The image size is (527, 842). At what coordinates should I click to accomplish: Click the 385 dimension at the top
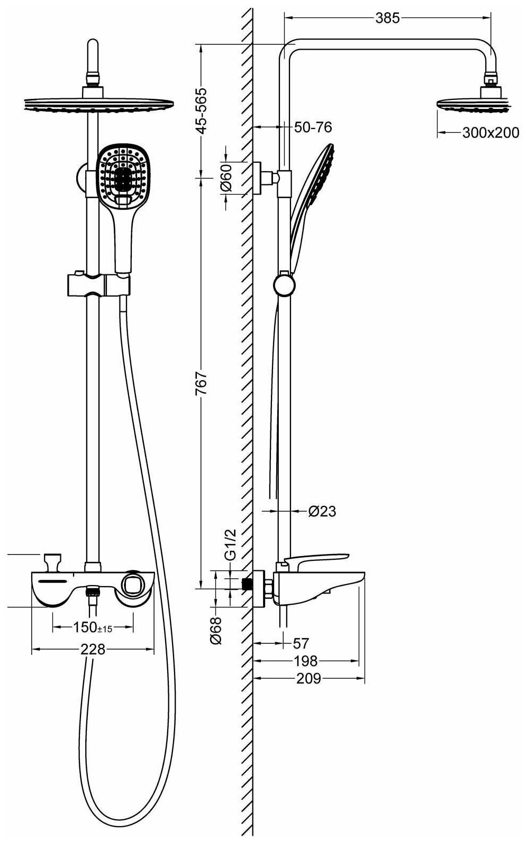(387, 18)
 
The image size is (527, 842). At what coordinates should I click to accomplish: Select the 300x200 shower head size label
(490, 133)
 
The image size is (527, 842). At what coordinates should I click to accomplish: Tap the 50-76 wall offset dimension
(313, 127)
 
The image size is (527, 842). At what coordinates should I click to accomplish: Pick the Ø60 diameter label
(226, 177)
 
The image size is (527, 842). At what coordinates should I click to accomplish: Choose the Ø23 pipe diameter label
(322, 511)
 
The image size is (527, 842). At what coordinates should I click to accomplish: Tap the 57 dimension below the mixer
(301, 643)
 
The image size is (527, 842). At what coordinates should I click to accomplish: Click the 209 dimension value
(308, 678)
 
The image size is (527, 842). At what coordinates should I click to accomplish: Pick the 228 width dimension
(93, 649)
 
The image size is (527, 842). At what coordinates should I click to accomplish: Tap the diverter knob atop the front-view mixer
(52, 560)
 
